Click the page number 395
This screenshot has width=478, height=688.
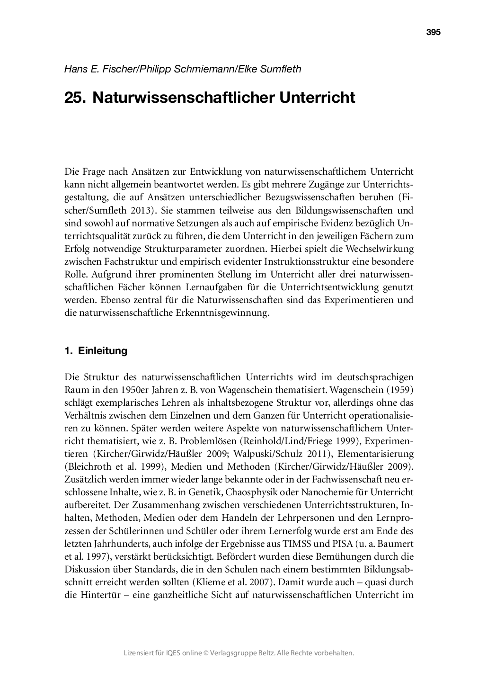click(433, 32)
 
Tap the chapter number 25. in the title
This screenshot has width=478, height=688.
click(75, 98)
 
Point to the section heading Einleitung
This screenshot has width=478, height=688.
click(103, 351)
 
